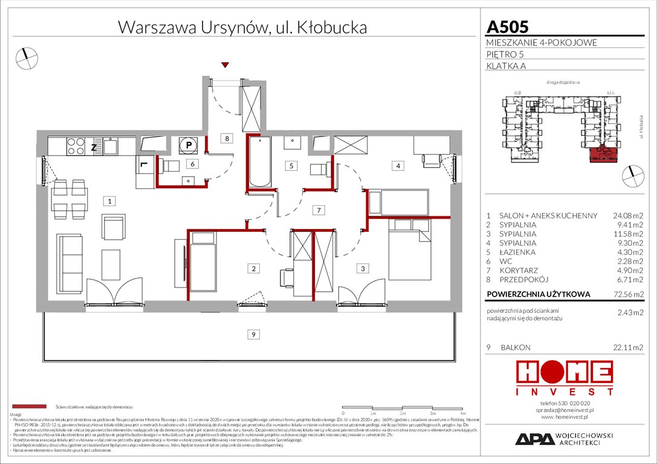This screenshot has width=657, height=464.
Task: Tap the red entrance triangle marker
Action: (225, 65)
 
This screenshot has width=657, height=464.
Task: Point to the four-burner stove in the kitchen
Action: (75, 146)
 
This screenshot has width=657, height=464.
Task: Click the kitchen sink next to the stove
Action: (110, 146)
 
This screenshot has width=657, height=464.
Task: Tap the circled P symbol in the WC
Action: (188, 145)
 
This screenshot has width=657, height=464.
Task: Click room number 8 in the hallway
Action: (227, 139)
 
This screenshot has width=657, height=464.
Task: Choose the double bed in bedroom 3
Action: (410, 249)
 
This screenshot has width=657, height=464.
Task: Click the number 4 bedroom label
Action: (397, 165)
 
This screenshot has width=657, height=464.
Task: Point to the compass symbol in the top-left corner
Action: (27, 57)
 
